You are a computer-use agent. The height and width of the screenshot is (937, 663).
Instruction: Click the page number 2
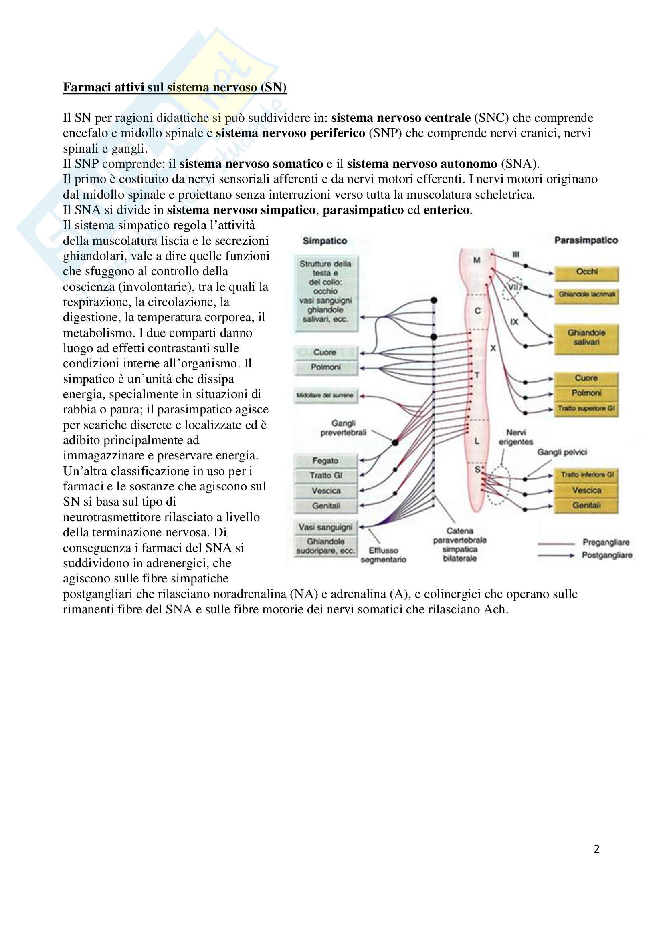(x=596, y=849)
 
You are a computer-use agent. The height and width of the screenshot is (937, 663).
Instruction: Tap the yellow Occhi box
(x=586, y=272)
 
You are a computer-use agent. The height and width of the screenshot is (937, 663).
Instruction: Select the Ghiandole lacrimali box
(x=586, y=295)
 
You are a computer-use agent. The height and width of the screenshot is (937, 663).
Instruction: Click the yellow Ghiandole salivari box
(x=586, y=338)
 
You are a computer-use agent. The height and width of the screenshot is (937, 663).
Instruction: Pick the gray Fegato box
(x=325, y=461)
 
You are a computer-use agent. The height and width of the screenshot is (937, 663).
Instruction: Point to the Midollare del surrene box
(x=325, y=395)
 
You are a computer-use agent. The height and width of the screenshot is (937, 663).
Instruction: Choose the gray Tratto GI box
(x=325, y=476)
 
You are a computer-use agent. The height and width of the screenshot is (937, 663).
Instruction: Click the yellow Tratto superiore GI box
(x=586, y=408)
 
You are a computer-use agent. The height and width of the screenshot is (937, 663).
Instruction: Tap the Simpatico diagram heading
(x=325, y=241)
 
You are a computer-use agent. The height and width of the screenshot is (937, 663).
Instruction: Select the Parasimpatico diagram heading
(x=586, y=240)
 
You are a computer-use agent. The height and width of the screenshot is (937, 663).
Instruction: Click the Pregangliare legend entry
(x=606, y=542)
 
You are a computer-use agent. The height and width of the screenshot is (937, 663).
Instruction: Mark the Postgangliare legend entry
(x=606, y=555)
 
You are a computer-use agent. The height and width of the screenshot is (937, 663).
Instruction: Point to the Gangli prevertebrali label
(x=344, y=428)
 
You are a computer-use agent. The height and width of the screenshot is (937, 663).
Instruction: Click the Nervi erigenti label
(x=516, y=437)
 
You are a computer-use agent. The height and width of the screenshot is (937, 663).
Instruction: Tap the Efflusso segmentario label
(x=383, y=555)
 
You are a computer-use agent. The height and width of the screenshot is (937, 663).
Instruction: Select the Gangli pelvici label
(x=562, y=452)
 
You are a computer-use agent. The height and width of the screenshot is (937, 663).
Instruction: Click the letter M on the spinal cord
(x=477, y=260)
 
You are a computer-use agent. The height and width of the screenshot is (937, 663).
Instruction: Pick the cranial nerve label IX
(x=514, y=322)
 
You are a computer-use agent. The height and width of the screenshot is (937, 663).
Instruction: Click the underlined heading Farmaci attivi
(x=174, y=87)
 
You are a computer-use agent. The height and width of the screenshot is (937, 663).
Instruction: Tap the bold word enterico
(x=446, y=210)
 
